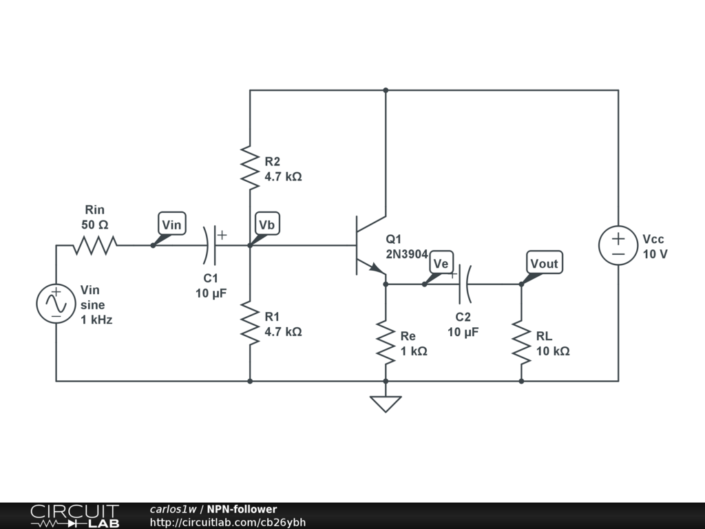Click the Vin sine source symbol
[x=56, y=304]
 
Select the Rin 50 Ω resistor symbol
[x=95, y=245]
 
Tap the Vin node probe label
[x=171, y=224]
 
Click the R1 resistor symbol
[x=249, y=322]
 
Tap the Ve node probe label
[x=441, y=263]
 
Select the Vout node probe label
[x=545, y=263]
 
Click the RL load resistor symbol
[x=521, y=342]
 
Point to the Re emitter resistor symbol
[x=386, y=342]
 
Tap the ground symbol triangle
[x=386, y=404]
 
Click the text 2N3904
[x=407, y=253]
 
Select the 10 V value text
[x=655, y=253]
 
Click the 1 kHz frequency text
[x=96, y=320]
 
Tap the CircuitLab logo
[x=74, y=516]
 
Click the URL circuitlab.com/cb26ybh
[x=227, y=522]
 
